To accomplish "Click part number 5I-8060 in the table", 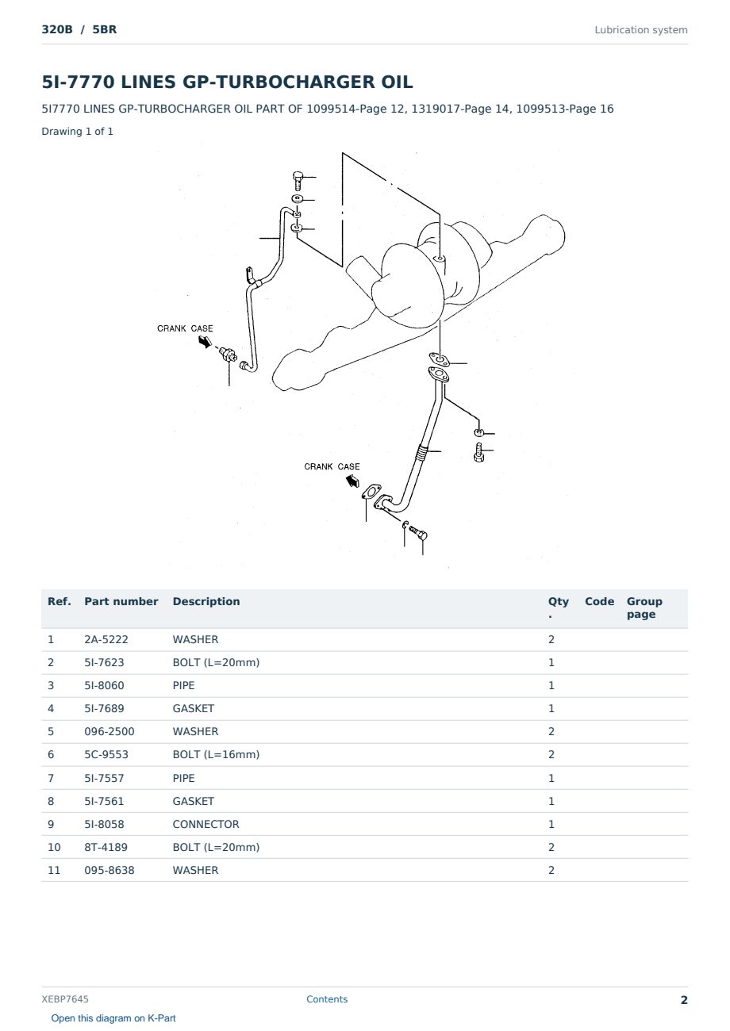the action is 104,685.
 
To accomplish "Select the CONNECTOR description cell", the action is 206,824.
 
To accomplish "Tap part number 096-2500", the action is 109,731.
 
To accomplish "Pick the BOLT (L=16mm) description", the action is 216,754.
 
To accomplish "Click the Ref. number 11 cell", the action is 54,870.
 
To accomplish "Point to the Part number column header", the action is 121,601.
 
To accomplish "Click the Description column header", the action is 206,601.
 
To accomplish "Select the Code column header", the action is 599,601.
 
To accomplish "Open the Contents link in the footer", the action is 327,998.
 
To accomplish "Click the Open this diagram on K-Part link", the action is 113,1018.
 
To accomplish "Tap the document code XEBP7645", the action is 65,998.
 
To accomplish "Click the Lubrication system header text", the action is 641,30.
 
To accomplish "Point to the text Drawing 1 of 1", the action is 78,131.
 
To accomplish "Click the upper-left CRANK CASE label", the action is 185,328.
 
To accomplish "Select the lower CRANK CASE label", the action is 332,466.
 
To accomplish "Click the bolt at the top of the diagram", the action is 298,180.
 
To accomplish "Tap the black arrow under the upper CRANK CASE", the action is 205,342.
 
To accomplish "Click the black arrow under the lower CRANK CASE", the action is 352,481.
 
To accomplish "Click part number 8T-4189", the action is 106,847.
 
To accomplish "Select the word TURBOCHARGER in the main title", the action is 296,82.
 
